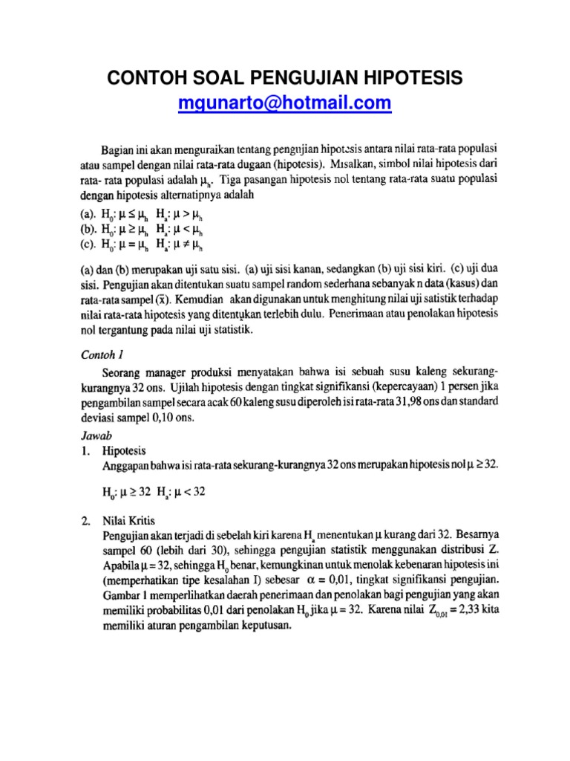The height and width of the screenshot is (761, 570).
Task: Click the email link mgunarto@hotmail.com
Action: pos(284,103)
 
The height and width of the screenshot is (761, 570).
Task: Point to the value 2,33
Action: pos(465,611)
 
